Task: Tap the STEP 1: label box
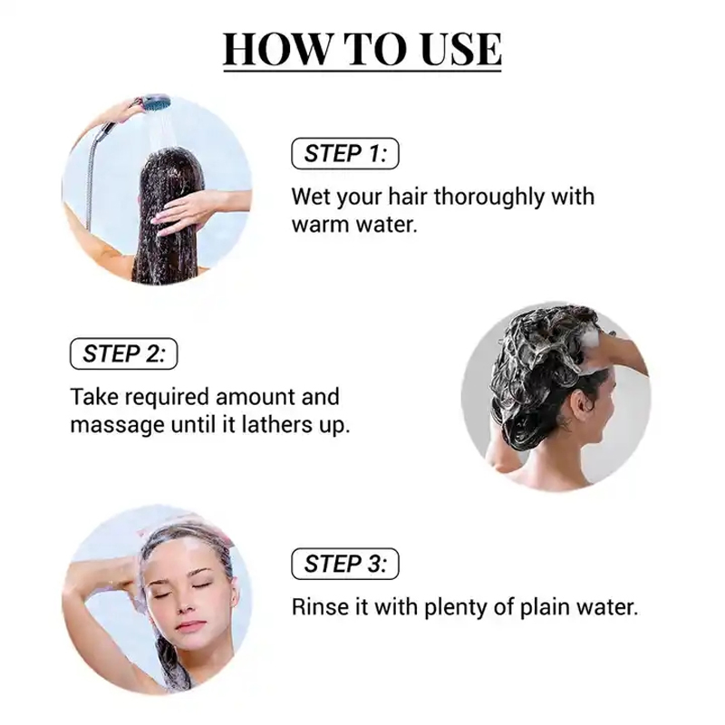(345, 153)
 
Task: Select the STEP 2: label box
(124, 353)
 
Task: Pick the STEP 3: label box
(345, 564)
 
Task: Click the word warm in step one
(322, 225)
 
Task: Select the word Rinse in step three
(317, 606)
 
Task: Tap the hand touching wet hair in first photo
(186, 212)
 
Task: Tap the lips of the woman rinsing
(190, 624)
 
